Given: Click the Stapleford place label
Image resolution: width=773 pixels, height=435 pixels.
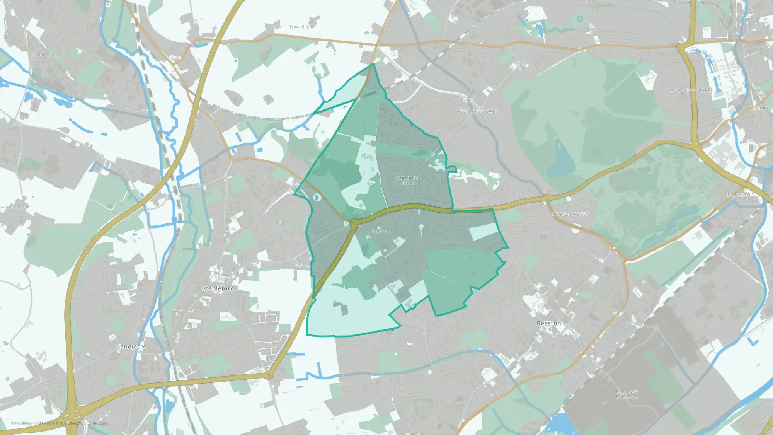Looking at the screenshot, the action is [x=218, y=288].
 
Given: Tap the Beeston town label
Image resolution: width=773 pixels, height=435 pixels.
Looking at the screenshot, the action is [x=548, y=323].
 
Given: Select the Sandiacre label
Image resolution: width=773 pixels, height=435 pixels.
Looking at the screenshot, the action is [x=131, y=346].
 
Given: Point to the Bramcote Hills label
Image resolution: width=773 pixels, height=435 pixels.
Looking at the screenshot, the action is [x=408, y=181].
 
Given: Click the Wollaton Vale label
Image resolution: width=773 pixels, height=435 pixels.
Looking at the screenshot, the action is [x=478, y=111].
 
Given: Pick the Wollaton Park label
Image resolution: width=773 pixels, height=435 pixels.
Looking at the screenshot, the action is [x=690, y=90].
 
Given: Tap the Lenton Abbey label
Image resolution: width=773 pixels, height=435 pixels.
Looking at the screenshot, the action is [x=570, y=214].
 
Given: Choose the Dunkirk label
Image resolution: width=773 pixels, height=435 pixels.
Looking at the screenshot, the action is [x=738, y=195].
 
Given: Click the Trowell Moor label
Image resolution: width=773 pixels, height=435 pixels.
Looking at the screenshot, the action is [x=303, y=27].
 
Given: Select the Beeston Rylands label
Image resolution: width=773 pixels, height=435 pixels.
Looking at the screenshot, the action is [x=627, y=394].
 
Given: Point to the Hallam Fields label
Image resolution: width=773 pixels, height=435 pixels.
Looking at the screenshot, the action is [x=46, y=55].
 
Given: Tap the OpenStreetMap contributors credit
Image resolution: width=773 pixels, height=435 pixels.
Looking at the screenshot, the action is [x=83, y=423].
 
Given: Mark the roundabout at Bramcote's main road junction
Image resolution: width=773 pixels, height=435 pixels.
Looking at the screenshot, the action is [x=354, y=223].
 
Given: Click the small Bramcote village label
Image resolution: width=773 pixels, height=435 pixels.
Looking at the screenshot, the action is [x=379, y=231].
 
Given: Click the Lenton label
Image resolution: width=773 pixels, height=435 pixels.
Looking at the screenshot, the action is [x=759, y=108].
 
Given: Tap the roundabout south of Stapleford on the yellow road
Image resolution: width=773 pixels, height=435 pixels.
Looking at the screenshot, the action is [x=270, y=374].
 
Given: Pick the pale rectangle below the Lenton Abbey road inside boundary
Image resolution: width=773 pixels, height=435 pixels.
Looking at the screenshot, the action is [x=483, y=231].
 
